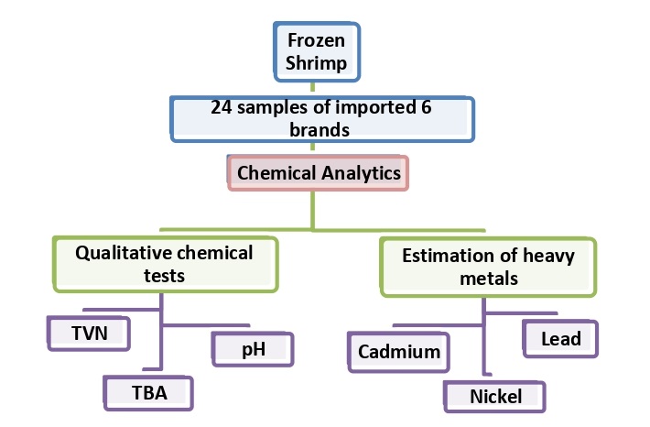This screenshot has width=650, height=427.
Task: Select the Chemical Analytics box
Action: [x=318, y=171]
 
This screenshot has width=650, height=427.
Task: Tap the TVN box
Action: [x=88, y=334]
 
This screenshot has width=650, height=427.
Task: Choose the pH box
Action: [x=253, y=348]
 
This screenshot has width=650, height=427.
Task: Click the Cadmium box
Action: [x=398, y=351]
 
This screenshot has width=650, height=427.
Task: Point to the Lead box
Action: [x=560, y=338]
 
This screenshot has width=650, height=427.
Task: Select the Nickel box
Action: [x=495, y=396]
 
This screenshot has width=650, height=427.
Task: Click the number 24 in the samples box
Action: [x=222, y=106]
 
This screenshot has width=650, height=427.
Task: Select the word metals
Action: [x=489, y=278]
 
